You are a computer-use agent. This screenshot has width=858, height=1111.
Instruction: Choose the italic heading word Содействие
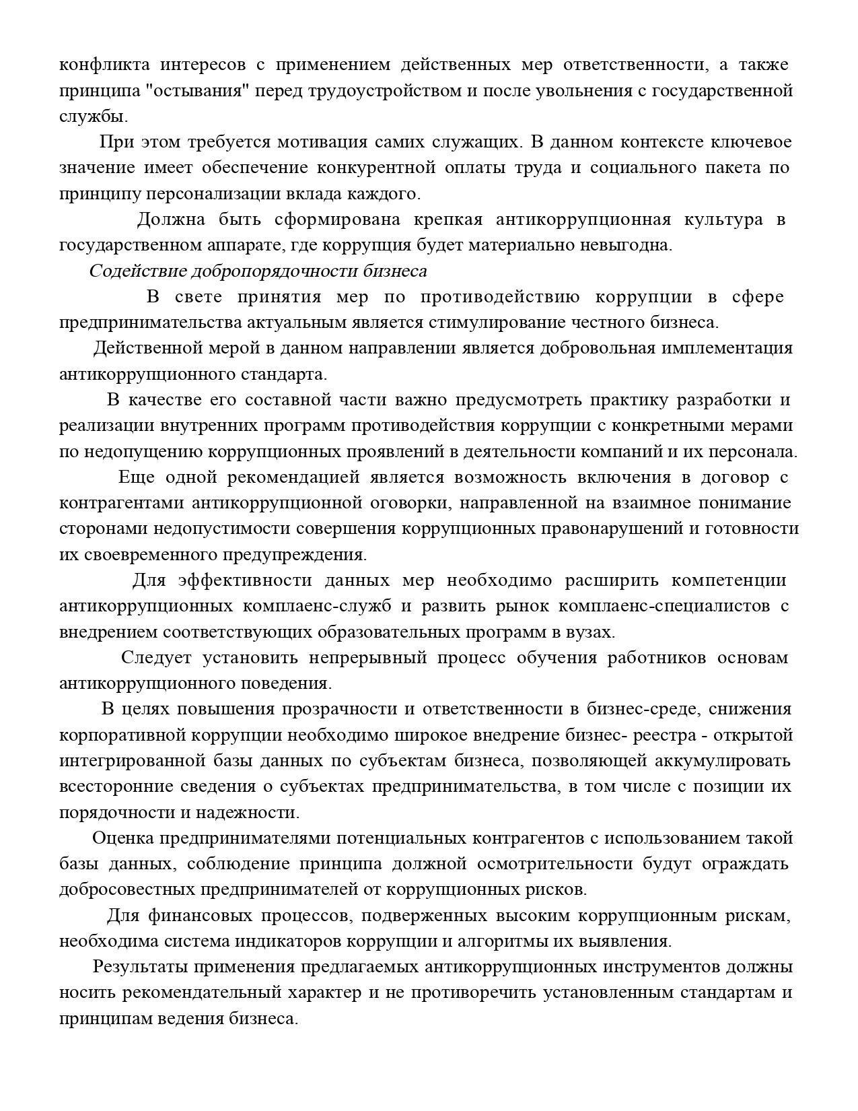tap(138, 271)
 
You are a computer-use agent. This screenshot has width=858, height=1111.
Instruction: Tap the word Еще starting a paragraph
tap(137, 477)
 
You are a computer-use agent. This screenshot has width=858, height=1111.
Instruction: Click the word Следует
tap(156, 658)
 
